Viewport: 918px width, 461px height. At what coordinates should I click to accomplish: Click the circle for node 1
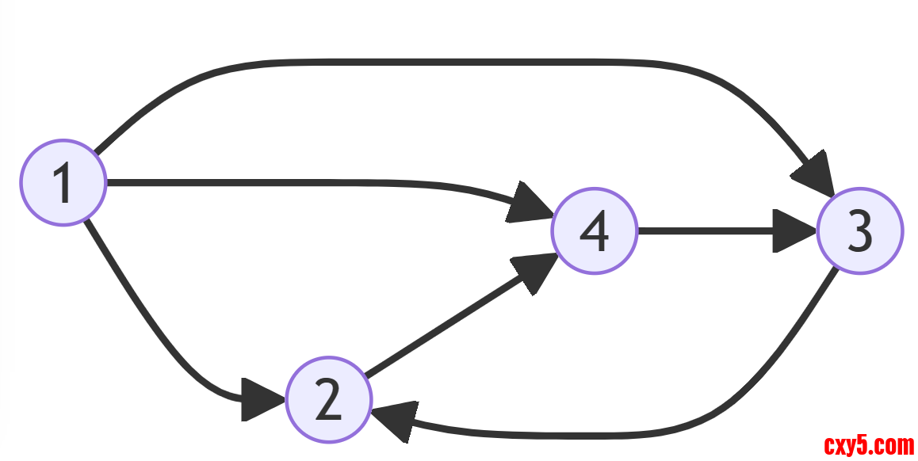click(x=63, y=183)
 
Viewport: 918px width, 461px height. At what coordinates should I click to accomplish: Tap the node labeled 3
click(x=859, y=231)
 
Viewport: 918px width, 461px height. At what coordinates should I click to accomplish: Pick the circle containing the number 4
click(x=595, y=231)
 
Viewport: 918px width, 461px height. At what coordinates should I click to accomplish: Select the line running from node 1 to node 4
click(x=317, y=183)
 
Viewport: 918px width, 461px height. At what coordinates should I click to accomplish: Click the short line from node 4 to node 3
click(x=706, y=231)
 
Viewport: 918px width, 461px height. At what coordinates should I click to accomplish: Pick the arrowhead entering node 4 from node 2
click(x=533, y=272)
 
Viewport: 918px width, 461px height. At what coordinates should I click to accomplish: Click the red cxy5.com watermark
click(x=869, y=445)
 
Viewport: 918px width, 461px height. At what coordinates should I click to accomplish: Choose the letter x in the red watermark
click(x=842, y=445)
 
